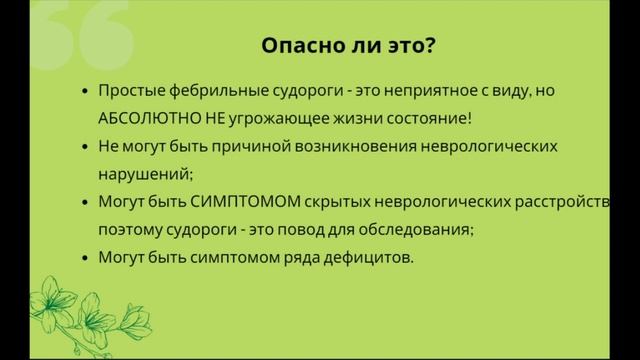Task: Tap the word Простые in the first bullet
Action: pyautogui.click(x=128, y=90)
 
